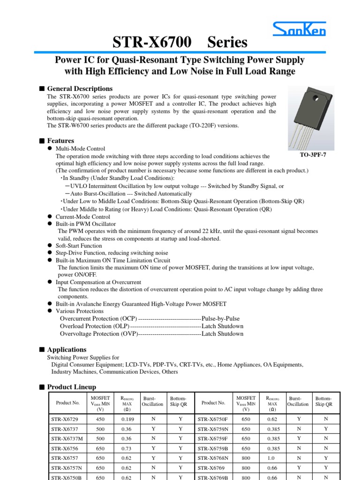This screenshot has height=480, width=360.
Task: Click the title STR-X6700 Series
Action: [180, 43]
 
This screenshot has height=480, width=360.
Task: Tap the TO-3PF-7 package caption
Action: [312, 155]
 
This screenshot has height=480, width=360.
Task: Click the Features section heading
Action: [60, 141]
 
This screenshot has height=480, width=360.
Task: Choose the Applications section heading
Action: [67, 350]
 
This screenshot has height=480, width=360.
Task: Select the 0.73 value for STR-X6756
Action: [127, 448]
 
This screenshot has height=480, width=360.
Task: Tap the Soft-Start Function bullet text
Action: [79, 245]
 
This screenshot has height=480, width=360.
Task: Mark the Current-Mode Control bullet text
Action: [83, 217]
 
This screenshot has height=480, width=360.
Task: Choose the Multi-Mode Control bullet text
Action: [80, 149]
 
